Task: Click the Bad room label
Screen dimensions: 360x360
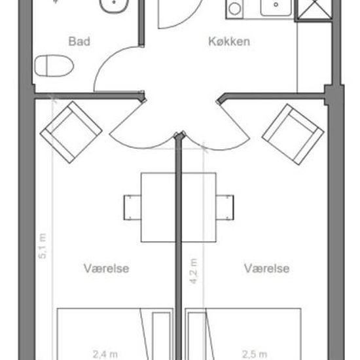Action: (x=79, y=41)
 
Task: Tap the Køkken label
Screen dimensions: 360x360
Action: (x=229, y=41)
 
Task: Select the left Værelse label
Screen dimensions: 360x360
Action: (x=106, y=268)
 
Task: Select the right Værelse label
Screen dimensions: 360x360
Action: (x=266, y=268)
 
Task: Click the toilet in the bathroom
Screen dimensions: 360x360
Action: (x=54, y=65)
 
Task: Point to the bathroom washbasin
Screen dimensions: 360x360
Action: (x=114, y=5)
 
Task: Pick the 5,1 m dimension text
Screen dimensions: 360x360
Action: (x=43, y=246)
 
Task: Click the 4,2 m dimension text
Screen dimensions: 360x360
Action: (x=194, y=271)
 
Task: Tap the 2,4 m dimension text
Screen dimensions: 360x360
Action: (x=105, y=354)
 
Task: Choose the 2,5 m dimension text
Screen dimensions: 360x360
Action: (x=255, y=354)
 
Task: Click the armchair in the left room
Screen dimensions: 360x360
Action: (x=71, y=132)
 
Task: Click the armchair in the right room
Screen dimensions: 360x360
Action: (x=293, y=134)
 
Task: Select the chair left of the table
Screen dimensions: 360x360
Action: (x=132, y=207)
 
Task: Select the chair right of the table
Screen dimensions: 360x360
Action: (x=225, y=207)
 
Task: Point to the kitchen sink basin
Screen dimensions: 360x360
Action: (x=276, y=7)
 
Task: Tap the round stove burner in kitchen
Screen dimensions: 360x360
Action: (x=234, y=9)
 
